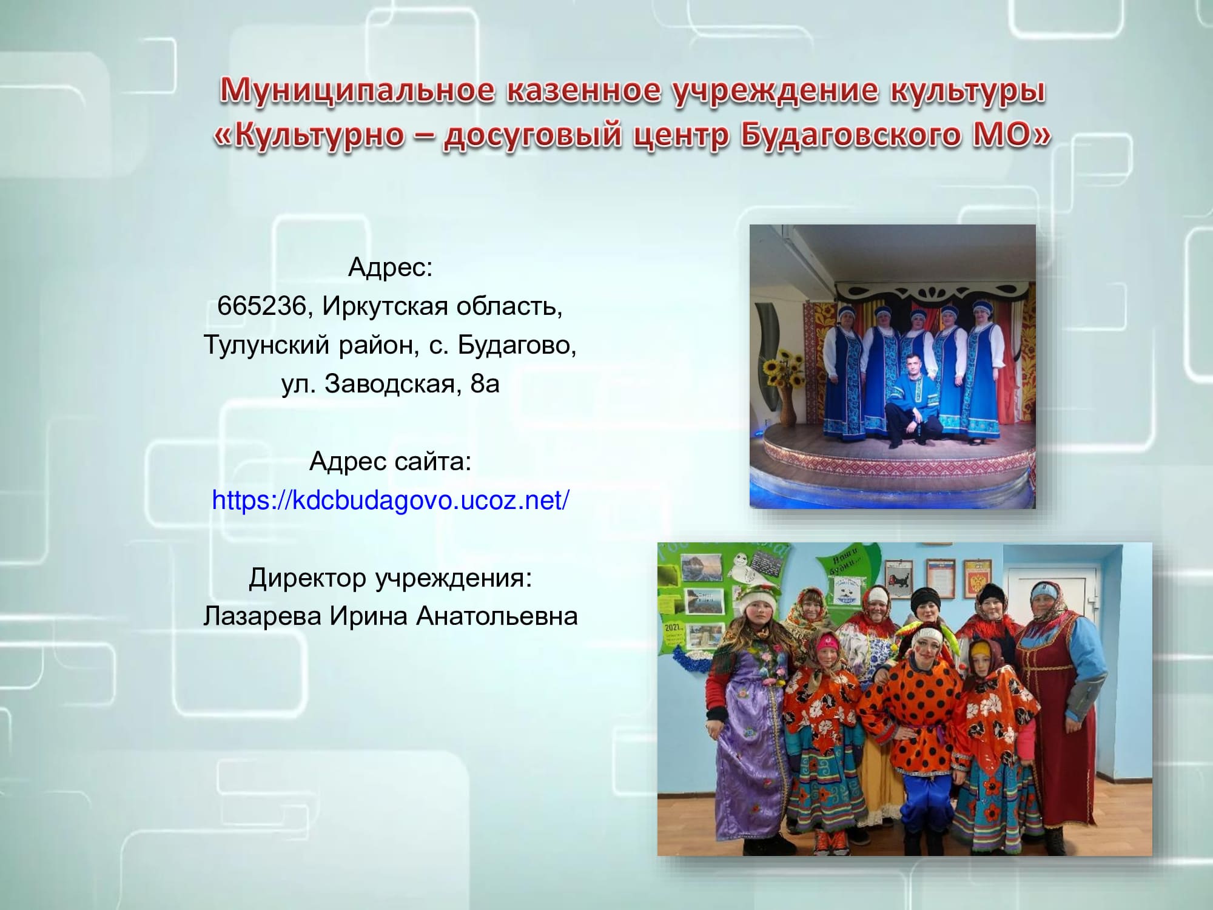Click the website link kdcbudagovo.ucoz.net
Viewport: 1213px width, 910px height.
click(391, 500)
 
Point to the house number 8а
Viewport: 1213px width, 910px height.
click(485, 384)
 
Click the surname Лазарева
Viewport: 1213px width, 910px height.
click(262, 616)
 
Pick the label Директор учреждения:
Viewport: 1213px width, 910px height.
click(391, 578)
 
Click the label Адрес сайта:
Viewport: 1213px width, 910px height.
click(391, 462)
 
